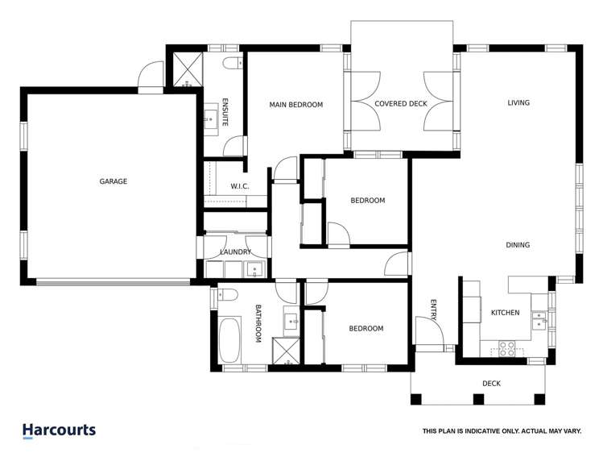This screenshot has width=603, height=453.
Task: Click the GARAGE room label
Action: [114, 182]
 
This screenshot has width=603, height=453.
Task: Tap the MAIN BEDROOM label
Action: [295, 105]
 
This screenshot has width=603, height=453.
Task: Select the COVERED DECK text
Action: [401, 104]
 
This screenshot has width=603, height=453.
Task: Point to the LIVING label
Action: [518, 102]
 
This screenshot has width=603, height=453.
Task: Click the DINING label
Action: [518, 245]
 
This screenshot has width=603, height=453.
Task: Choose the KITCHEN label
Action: [506, 313]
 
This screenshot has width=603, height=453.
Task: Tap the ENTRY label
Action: [433, 310]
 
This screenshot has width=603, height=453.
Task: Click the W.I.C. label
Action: [240, 187]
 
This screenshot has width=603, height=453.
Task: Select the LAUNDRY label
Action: [236, 252]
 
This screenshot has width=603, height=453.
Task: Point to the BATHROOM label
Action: [259, 323]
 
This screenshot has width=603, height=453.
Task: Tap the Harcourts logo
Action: [59, 430]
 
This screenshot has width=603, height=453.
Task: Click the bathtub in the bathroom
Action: [229, 339]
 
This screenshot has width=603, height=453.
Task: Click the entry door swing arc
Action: [425, 329]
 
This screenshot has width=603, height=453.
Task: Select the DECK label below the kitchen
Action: [491, 384]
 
